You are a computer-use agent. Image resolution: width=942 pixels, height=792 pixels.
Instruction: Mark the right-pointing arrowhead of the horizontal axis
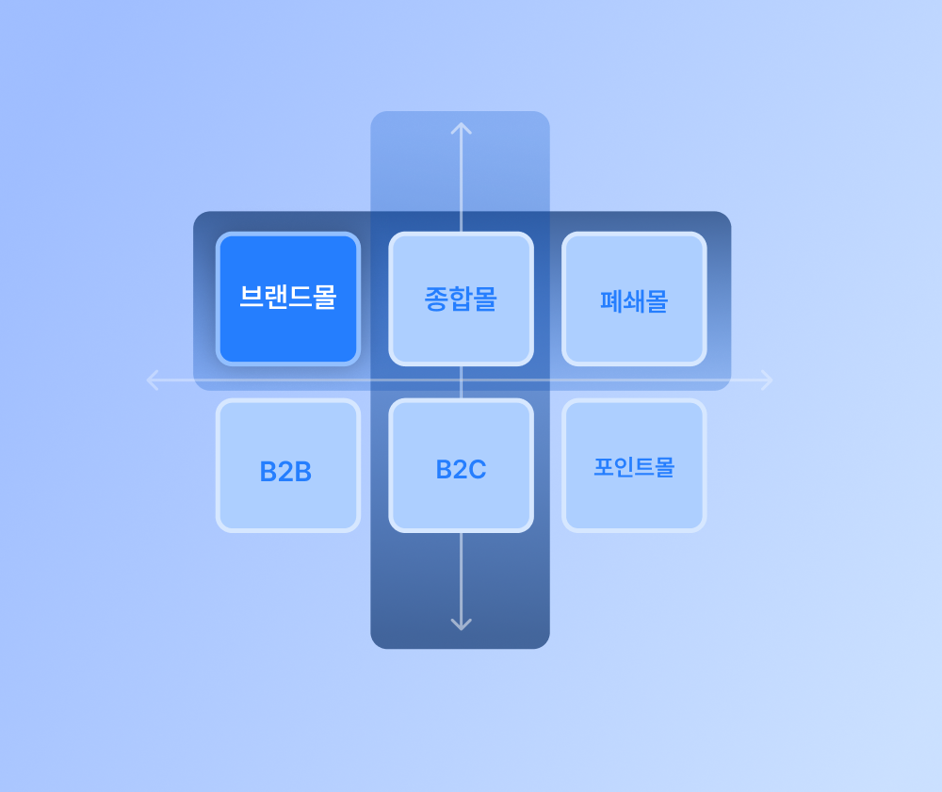[x=769, y=380]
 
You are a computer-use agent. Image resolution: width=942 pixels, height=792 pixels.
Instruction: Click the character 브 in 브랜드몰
[x=252, y=298]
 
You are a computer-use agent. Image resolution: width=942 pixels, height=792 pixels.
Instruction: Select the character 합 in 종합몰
[x=461, y=299]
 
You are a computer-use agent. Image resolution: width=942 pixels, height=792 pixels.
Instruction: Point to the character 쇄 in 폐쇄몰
[x=634, y=301]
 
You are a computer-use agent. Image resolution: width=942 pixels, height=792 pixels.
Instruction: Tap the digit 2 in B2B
[x=285, y=472]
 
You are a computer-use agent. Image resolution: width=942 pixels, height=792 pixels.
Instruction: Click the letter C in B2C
[x=478, y=469]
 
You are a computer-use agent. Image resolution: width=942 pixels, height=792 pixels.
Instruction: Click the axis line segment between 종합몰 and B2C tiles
[x=461, y=382]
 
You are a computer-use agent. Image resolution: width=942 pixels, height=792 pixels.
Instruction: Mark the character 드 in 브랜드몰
[x=300, y=298]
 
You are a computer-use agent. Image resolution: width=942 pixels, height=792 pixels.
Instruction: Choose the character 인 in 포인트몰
[x=623, y=467]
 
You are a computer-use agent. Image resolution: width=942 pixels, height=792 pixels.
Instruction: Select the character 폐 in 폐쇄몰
[x=610, y=301]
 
